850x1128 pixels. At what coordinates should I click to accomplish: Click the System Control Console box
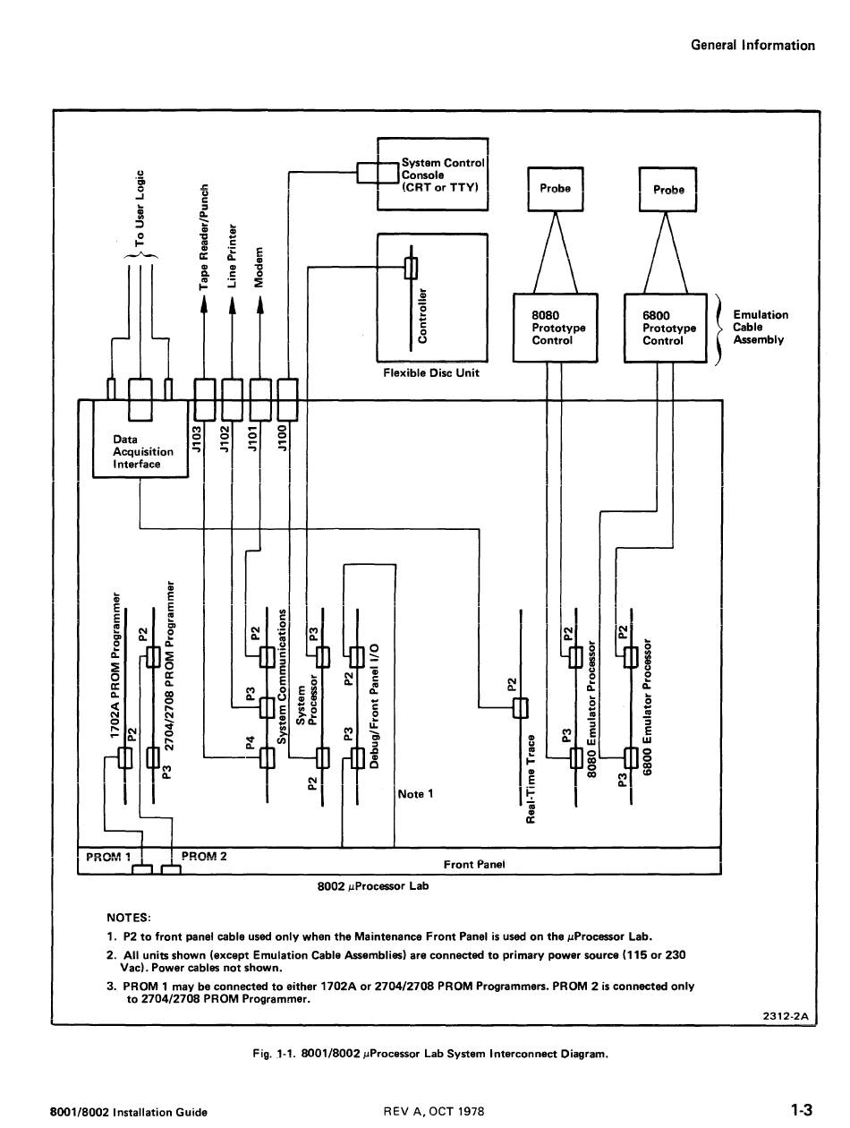pos(433,175)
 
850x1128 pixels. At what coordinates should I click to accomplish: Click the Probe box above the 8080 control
pos(555,189)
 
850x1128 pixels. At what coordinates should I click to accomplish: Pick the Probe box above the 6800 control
pos(667,190)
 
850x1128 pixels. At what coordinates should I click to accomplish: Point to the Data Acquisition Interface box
pos(140,451)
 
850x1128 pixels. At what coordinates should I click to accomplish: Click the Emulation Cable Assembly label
pos(760,328)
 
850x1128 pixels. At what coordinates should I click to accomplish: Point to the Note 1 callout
pos(415,794)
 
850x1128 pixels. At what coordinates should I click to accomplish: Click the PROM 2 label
pos(204,856)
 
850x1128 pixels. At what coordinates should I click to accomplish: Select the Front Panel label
pos(474,864)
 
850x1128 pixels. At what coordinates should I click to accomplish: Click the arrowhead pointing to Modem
pos(260,305)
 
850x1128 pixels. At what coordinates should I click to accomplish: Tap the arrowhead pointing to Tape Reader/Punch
pos(204,305)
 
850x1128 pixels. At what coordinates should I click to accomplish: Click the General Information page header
pos(752,46)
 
